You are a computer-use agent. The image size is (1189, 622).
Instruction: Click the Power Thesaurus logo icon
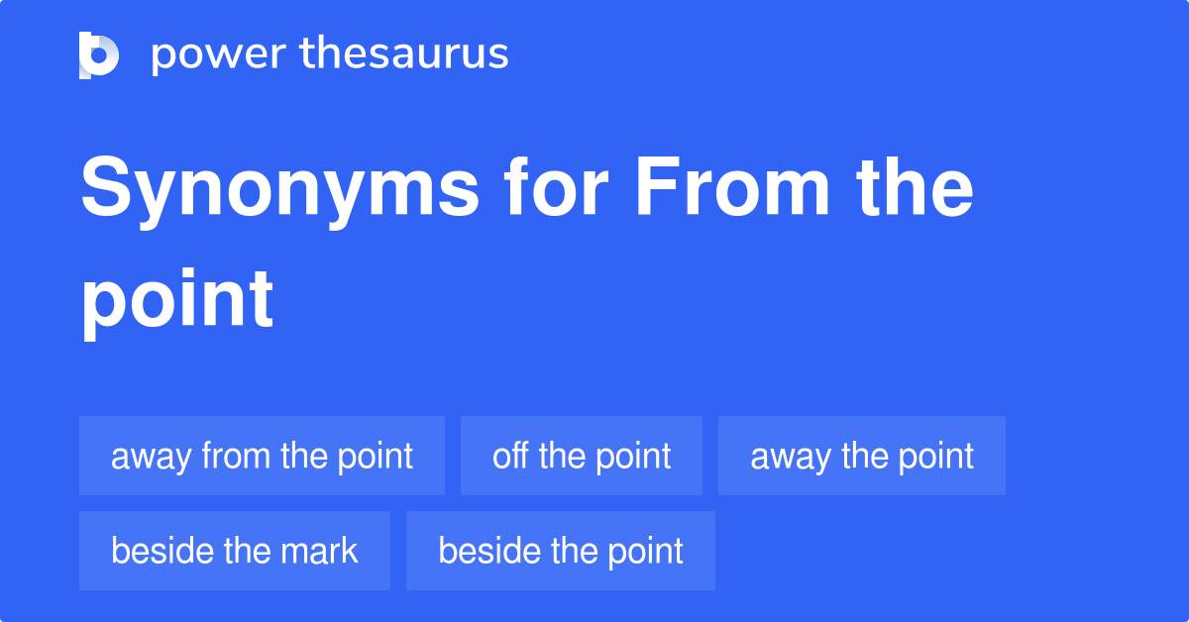click(x=99, y=54)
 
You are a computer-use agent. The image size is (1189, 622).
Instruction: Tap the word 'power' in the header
click(x=211, y=54)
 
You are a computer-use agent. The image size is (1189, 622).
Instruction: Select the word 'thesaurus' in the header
click(x=404, y=54)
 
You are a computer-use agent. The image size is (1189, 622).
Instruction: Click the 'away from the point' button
click(x=262, y=456)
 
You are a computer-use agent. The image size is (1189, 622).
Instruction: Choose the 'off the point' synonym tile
click(x=582, y=456)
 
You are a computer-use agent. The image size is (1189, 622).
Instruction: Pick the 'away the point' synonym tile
click(x=862, y=456)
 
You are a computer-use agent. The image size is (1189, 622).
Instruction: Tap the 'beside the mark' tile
click(x=235, y=551)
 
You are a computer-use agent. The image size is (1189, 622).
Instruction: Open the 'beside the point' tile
click(x=561, y=551)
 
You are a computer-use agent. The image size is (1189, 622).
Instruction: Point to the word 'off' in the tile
click(x=510, y=456)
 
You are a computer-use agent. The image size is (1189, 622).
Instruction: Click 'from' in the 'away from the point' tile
click(x=237, y=456)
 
